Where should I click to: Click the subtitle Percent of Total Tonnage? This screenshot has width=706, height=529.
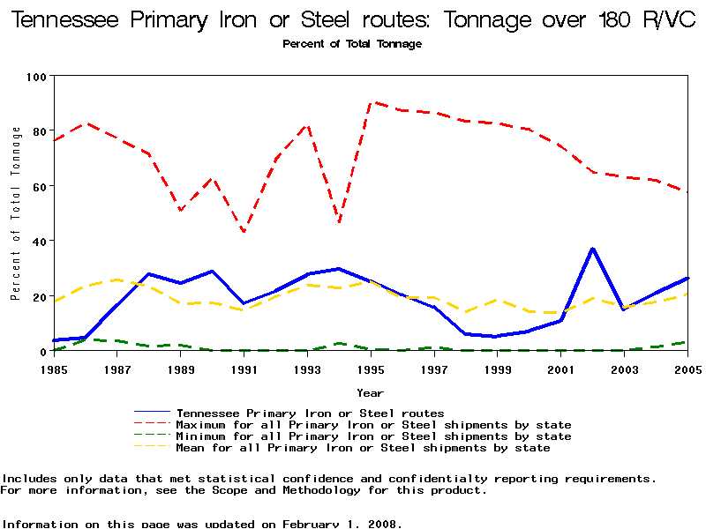352,44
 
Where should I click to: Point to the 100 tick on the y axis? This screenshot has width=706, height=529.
36,77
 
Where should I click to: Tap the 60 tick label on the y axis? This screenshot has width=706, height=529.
39,186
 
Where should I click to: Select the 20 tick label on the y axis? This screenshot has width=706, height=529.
39,296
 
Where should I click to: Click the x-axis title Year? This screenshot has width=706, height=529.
370,392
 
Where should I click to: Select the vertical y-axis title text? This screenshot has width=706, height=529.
16,212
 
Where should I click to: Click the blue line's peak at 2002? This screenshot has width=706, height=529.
593,249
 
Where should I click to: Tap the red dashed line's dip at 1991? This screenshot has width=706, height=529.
244,232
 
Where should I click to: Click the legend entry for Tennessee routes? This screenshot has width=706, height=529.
309,413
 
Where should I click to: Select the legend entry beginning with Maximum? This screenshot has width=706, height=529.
373,425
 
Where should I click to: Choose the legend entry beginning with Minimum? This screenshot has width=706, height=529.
373,436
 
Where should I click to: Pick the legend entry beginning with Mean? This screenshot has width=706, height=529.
363,448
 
